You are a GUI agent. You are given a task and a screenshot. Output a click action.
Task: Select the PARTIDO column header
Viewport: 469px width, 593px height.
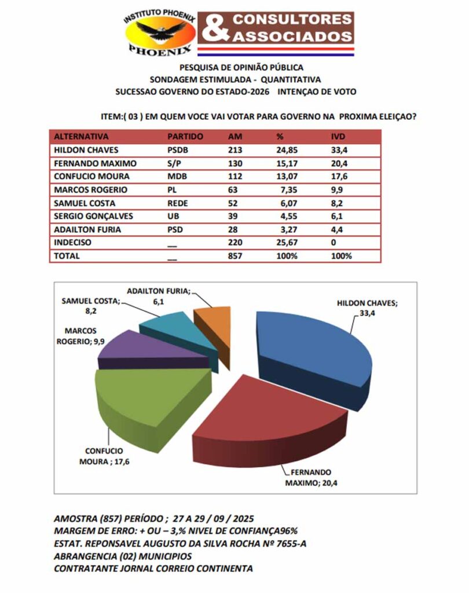tap(185, 137)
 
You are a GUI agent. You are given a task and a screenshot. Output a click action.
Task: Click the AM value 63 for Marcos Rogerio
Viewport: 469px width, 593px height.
tap(235, 189)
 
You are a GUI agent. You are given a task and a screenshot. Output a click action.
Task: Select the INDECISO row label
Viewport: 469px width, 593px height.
tap(72, 243)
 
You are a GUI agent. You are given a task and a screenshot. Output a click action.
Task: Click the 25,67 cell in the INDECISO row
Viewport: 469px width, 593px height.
tap(287, 243)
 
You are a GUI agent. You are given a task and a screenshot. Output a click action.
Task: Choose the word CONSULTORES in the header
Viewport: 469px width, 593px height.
tap(292, 19)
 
